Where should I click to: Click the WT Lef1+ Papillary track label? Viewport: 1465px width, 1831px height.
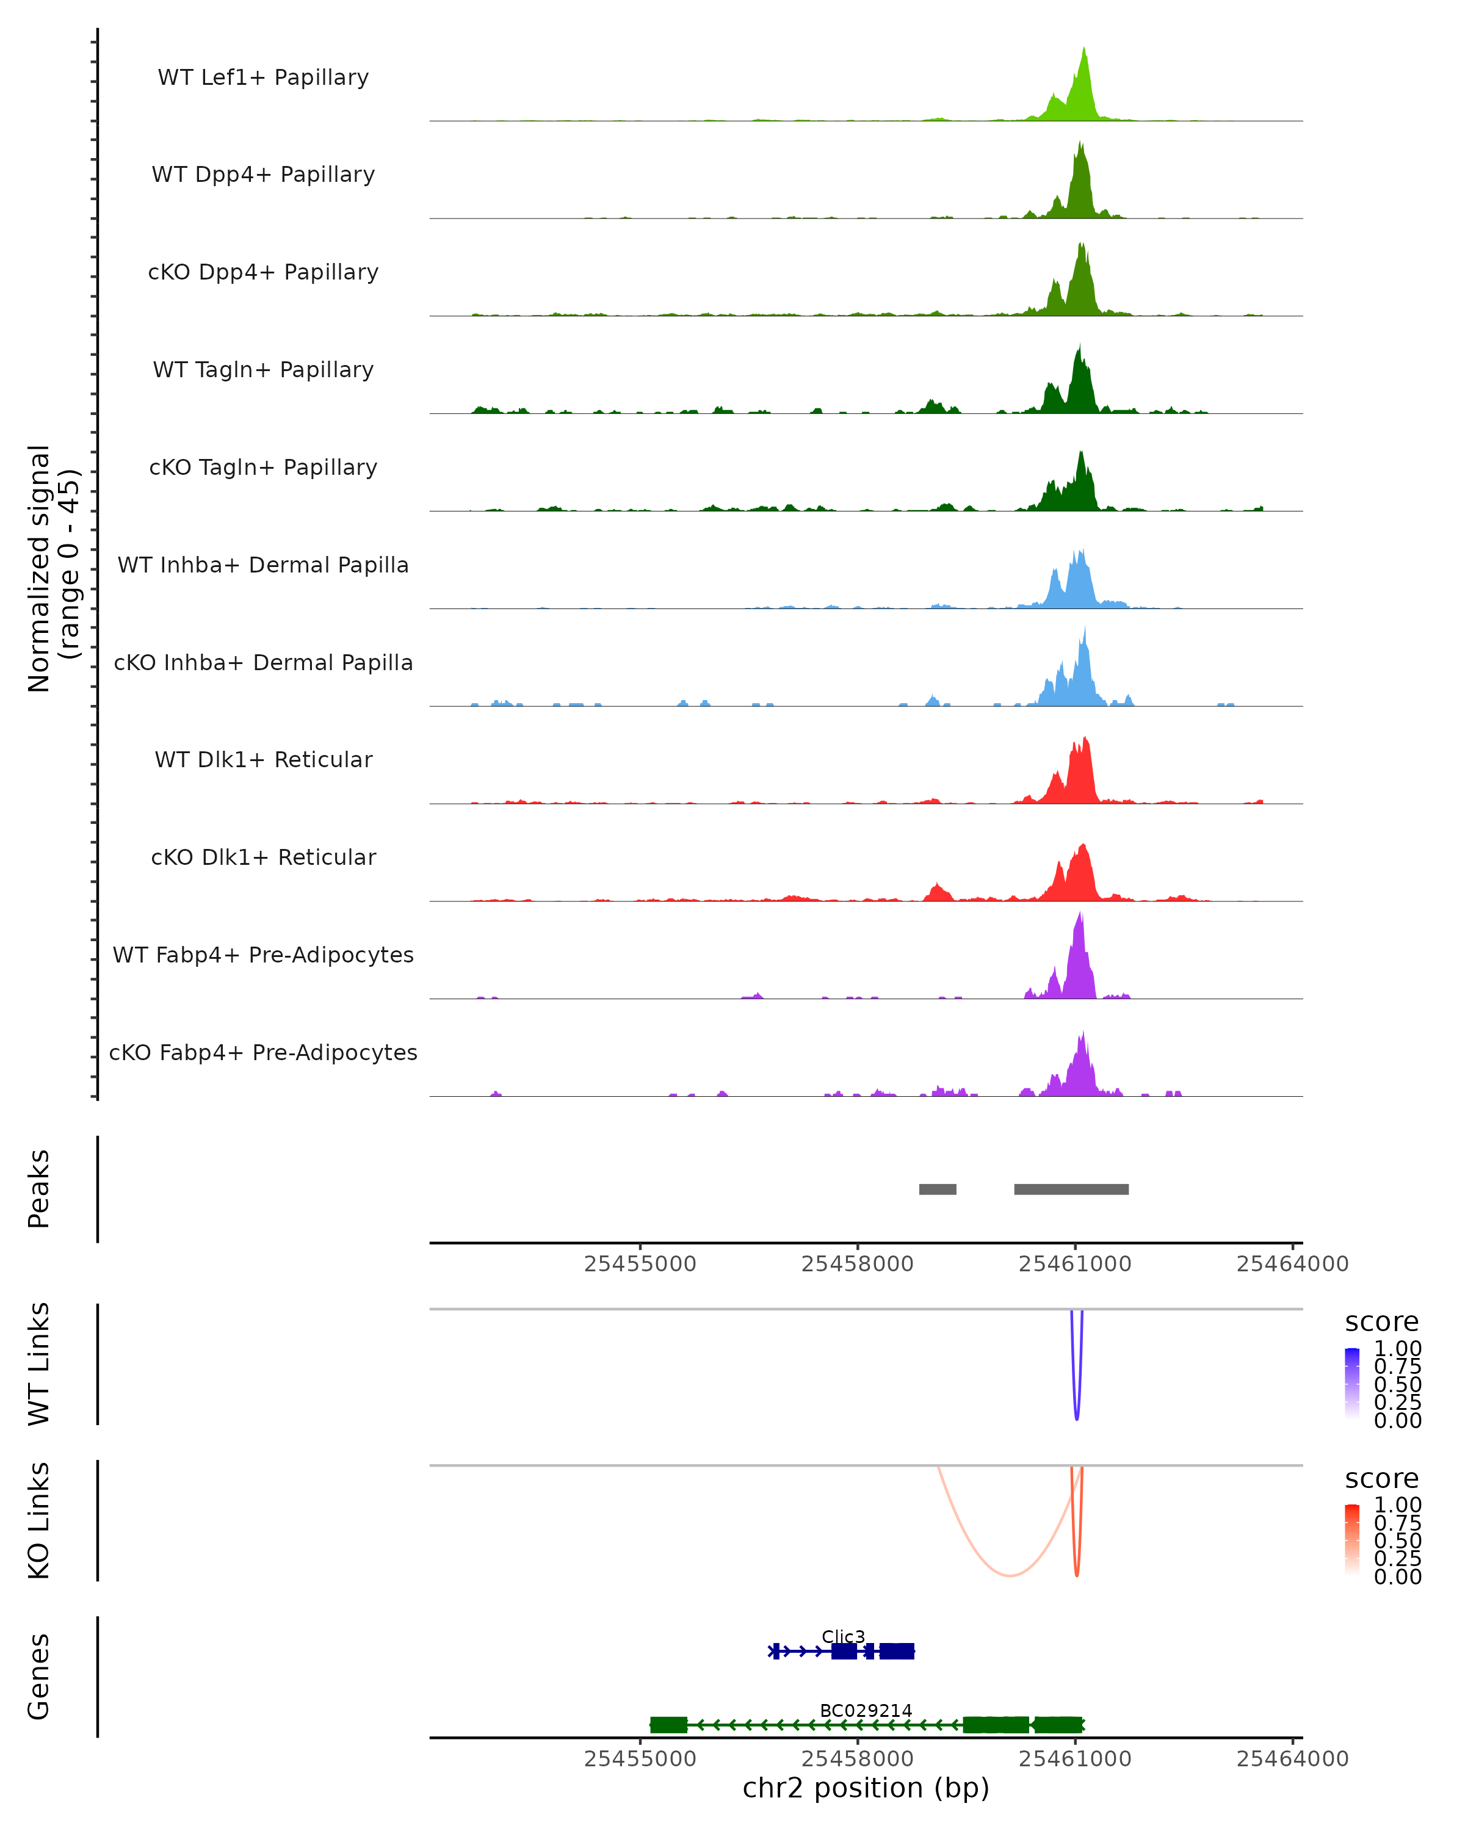(x=263, y=78)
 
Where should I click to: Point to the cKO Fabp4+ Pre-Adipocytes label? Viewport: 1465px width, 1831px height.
(x=263, y=1052)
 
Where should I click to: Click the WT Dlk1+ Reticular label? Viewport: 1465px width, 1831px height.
(x=263, y=759)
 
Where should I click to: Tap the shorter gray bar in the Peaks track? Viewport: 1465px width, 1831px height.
(x=938, y=1189)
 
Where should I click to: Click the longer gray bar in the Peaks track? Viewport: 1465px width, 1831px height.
(x=1071, y=1189)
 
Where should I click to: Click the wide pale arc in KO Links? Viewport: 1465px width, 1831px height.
(x=1010, y=1575)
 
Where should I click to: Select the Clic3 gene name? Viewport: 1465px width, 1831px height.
(x=842, y=1636)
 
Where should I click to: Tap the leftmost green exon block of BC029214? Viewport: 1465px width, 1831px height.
(x=668, y=1725)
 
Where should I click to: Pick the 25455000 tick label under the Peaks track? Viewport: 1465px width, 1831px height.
(x=640, y=1264)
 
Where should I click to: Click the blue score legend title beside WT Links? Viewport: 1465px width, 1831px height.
(x=1381, y=1321)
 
